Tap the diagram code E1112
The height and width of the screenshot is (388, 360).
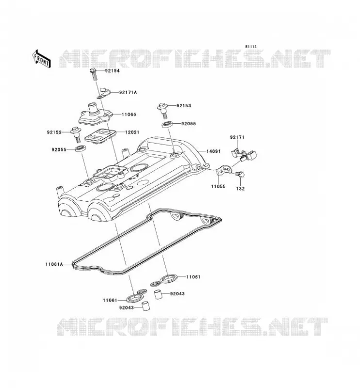(x=251, y=47)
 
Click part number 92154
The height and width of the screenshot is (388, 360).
(x=112, y=71)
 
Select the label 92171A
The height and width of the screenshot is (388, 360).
(x=128, y=92)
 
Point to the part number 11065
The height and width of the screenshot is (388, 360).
(x=129, y=114)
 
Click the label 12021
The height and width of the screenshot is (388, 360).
(x=132, y=132)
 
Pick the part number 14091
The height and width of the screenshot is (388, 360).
(x=213, y=151)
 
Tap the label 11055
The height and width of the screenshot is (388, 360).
(x=218, y=186)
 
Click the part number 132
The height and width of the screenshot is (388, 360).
(x=241, y=189)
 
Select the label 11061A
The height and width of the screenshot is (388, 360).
(x=54, y=264)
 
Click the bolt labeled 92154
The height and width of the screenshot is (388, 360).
(x=94, y=74)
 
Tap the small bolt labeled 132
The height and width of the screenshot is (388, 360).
(x=240, y=174)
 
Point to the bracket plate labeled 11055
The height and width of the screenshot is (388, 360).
(x=224, y=170)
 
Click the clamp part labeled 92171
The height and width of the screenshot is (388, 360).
(x=245, y=154)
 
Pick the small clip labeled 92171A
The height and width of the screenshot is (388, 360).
(x=104, y=92)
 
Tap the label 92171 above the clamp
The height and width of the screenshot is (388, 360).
(x=237, y=137)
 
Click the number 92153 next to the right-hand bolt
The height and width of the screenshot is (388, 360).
(x=184, y=106)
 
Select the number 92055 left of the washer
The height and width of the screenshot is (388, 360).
(x=59, y=150)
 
